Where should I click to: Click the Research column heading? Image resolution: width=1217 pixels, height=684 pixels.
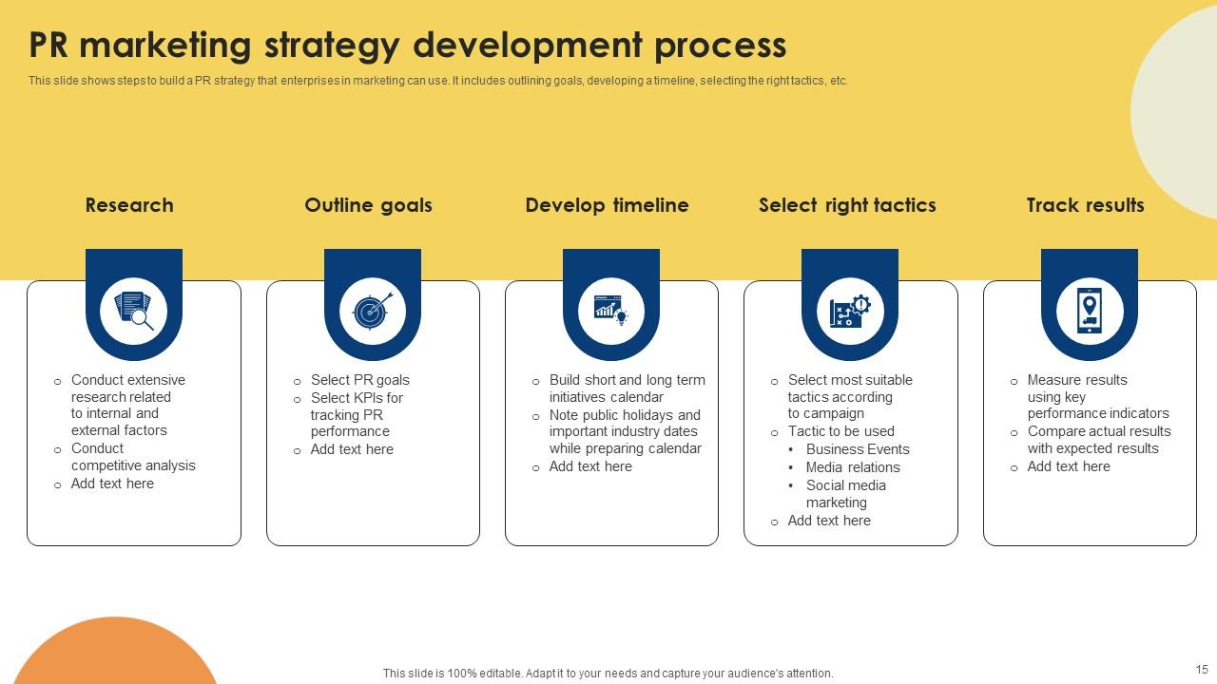(129, 205)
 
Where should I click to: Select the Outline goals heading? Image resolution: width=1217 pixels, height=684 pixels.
(368, 205)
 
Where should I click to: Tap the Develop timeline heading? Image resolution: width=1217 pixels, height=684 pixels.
(607, 205)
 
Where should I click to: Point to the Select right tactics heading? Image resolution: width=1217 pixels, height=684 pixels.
(847, 205)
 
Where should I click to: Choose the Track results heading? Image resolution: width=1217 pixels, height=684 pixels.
(1085, 205)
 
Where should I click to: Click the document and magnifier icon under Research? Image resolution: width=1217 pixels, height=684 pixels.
(134, 311)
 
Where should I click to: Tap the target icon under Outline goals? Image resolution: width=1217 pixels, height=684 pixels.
(373, 311)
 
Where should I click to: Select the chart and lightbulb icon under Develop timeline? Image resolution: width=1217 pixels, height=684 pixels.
(611, 311)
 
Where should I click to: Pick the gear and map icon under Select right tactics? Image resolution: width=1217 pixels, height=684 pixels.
(850, 311)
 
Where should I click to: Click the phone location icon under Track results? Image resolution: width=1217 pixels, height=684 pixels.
(1090, 311)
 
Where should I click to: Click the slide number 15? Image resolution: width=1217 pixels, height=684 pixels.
(1201, 670)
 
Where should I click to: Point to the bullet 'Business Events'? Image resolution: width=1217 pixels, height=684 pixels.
(857, 449)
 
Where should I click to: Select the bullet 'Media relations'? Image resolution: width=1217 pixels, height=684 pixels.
(852, 467)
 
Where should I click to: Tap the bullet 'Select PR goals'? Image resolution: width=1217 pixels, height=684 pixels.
(359, 380)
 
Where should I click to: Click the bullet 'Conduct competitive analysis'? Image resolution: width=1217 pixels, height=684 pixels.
(132, 457)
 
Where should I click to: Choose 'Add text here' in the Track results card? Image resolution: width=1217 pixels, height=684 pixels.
(1068, 466)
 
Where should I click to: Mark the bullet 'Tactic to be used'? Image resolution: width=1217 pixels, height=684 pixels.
(840, 431)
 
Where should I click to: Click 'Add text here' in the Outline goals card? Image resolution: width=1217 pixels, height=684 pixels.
(351, 449)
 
